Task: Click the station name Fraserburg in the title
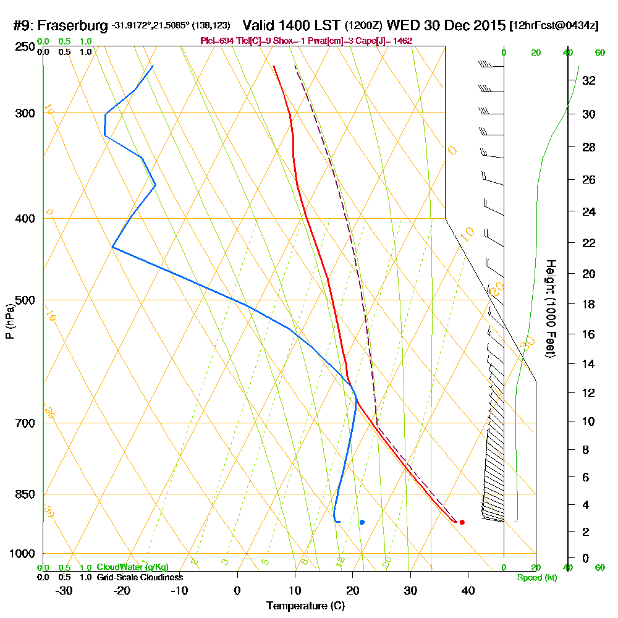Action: (74, 26)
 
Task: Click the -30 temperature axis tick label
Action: (64, 590)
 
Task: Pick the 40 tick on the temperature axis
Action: (468, 590)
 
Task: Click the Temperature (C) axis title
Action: (305, 606)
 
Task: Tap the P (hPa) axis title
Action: (9, 321)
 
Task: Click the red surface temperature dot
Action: (462, 522)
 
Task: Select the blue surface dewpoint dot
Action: (362, 522)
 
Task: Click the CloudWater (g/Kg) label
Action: (132, 567)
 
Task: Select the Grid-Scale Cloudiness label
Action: (139, 577)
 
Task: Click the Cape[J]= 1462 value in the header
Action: (387, 40)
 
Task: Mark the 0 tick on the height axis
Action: (585, 558)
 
